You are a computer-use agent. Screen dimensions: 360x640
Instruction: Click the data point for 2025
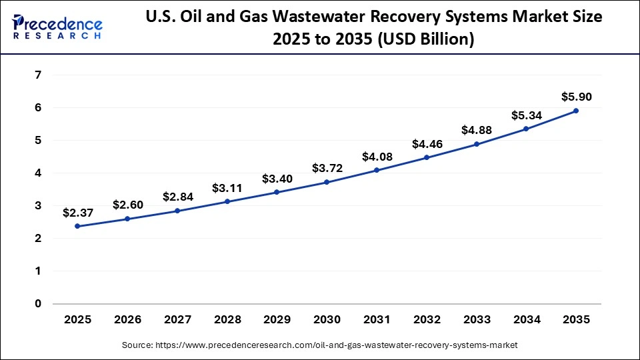[77, 226]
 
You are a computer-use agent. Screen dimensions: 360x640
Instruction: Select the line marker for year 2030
[327, 182]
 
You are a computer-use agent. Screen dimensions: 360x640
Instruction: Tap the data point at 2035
[576, 111]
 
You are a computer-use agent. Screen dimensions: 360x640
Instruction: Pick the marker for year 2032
[427, 158]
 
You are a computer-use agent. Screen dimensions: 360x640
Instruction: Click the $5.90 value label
[576, 97]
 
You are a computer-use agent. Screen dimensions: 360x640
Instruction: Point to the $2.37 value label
[77, 213]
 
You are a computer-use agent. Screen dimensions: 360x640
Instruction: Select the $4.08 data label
[377, 157]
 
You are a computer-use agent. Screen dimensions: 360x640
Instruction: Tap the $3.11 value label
[227, 188]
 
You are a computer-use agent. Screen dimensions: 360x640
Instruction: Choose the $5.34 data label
[526, 115]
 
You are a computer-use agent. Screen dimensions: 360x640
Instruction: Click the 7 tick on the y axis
[38, 75]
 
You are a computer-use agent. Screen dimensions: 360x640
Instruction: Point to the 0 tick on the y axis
[38, 304]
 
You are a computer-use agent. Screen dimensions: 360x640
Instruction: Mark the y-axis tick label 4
[38, 173]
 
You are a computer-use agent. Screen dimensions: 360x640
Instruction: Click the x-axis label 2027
[177, 320]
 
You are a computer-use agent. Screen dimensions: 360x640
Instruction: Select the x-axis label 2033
[476, 320]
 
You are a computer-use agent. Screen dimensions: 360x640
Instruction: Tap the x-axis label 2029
[277, 320]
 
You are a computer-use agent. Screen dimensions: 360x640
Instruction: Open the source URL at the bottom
[320, 345]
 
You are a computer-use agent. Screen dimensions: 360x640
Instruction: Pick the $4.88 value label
[476, 131]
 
